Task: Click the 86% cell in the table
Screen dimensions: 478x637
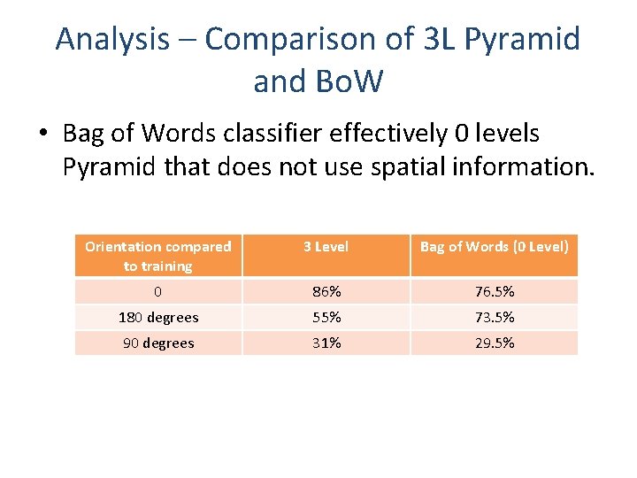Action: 326,291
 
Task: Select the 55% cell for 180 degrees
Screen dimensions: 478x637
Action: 326,317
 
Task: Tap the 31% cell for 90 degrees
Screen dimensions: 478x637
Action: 326,343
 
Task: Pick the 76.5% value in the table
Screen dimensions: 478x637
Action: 494,291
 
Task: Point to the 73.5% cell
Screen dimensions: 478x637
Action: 494,317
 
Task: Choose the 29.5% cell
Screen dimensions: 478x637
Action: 494,343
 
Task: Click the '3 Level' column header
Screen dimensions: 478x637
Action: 326,247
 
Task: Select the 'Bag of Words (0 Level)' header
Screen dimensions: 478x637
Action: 494,247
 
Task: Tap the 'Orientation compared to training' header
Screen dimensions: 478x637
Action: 157,256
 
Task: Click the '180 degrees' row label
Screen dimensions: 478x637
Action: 157,317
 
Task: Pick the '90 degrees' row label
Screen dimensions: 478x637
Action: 157,343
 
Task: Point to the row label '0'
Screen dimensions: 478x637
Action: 157,291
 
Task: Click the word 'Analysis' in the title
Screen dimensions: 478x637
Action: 112,39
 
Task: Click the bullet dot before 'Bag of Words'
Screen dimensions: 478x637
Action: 42,135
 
